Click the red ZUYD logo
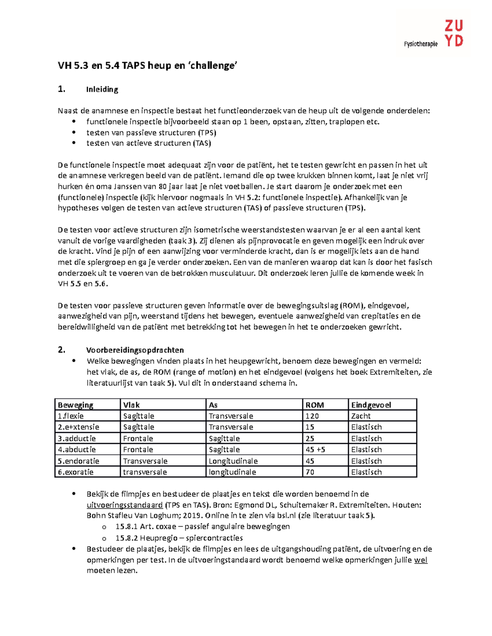click(x=453, y=34)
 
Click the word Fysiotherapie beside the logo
click(x=421, y=44)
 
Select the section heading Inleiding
click(x=102, y=89)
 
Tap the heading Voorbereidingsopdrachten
click(x=135, y=350)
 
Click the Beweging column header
click(x=75, y=405)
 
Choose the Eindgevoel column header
click(x=371, y=405)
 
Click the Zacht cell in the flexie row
click(x=361, y=416)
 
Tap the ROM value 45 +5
click(x=315, y=450)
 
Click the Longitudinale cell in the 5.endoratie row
click(x=233, y=461)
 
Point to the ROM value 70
click(x=310, y=472)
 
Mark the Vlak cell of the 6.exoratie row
click(x=145, y=472)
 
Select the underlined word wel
click(x=421, y=560)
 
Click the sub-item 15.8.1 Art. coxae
click(x=146, y=527)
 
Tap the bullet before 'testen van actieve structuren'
click(x=74, y=143)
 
